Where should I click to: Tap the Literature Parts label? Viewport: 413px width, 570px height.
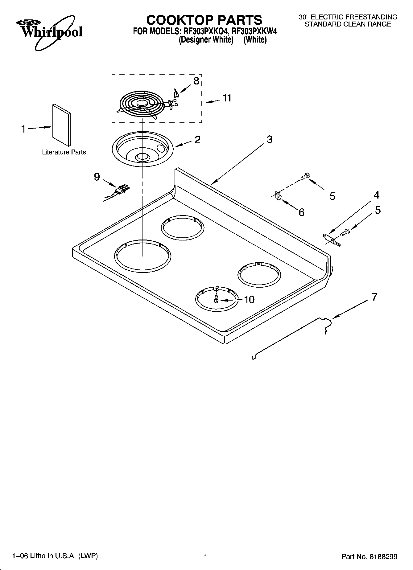(64, 152)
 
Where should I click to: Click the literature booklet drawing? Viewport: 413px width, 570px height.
(61, 125)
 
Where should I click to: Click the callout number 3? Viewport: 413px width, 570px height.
(269, 139)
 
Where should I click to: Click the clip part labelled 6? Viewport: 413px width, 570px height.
(278, 196)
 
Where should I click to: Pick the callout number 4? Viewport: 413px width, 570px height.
(376, 195)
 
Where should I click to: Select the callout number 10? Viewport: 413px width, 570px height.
(249, 300)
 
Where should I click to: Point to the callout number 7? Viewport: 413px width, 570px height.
(374, 297)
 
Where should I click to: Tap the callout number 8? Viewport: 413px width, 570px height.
(196, 81)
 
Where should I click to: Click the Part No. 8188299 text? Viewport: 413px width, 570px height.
(369, 557)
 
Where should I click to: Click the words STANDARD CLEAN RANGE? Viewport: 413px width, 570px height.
(348, 24)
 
